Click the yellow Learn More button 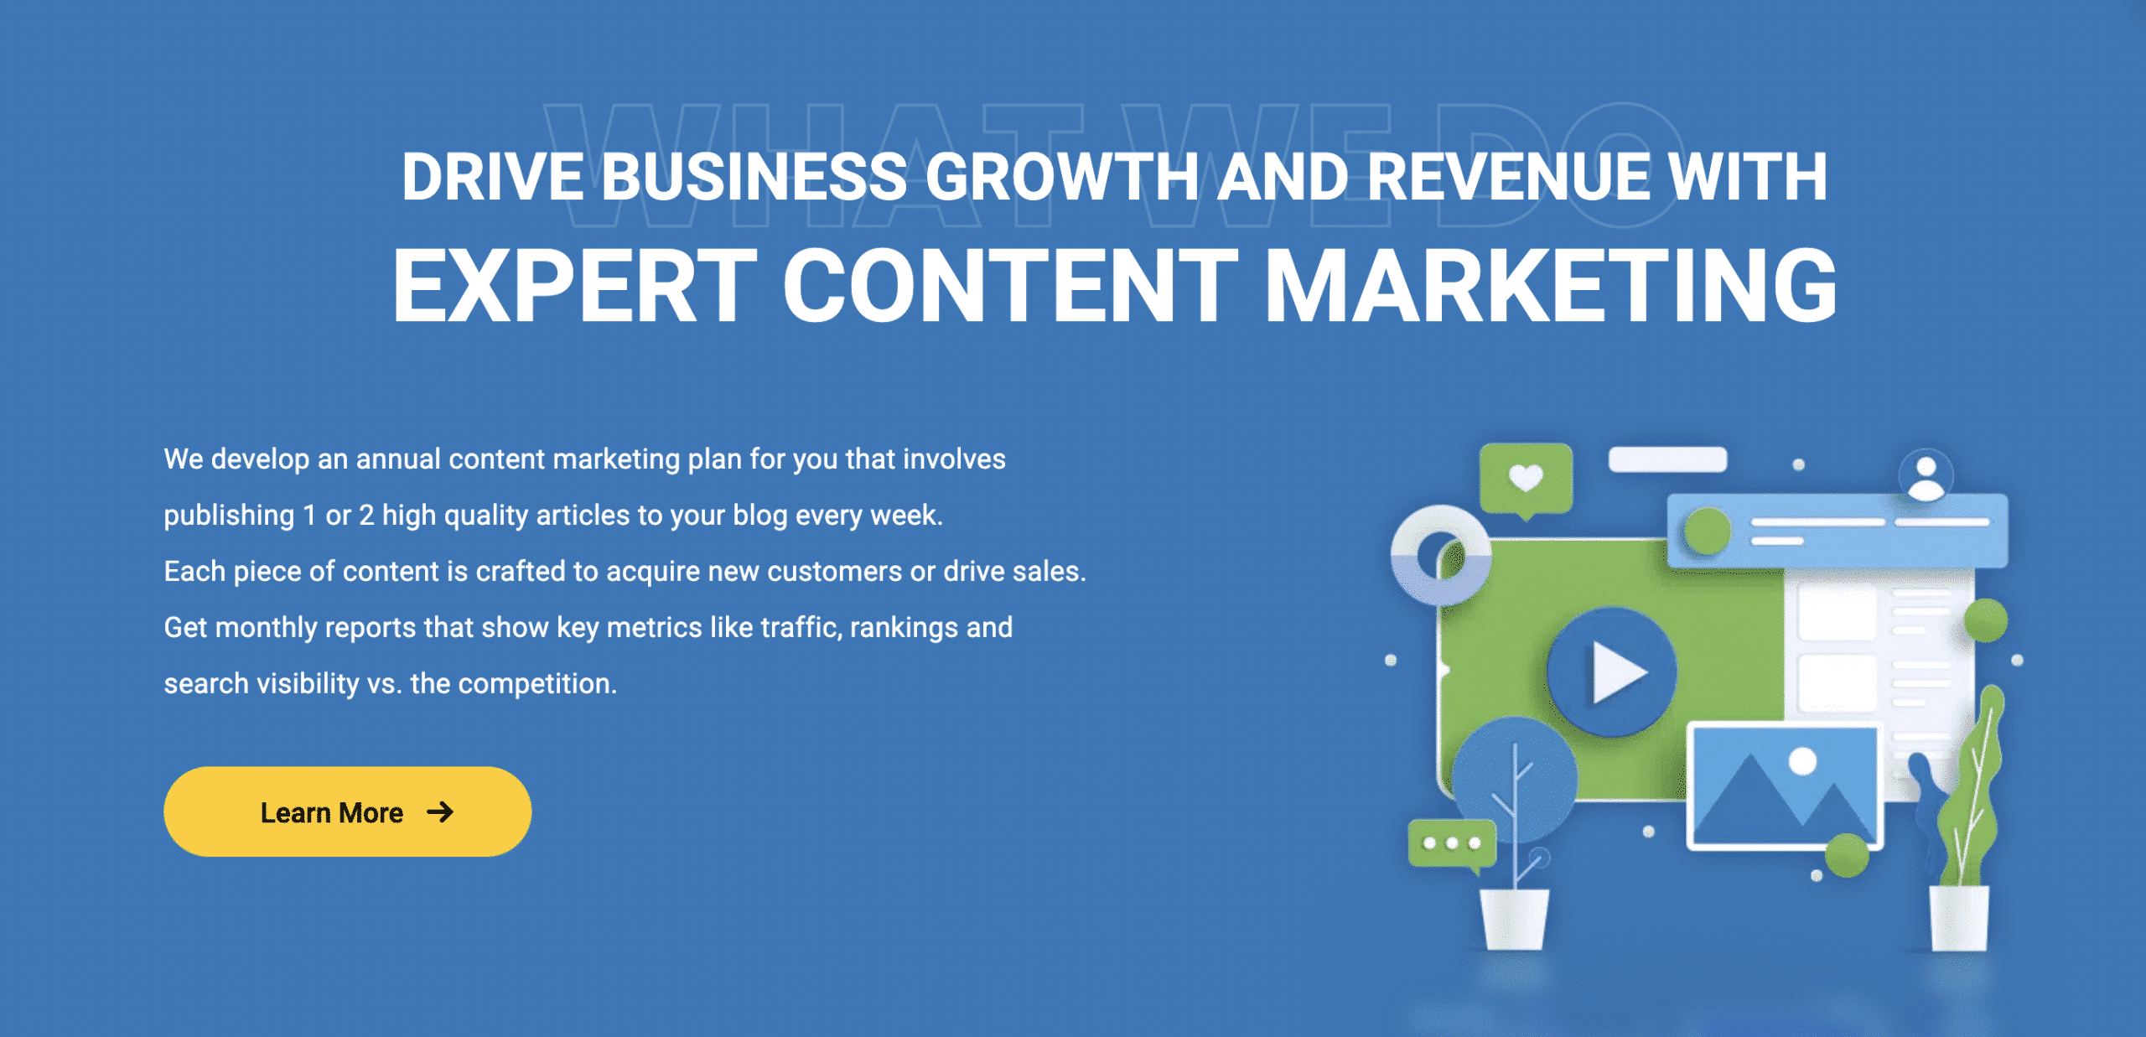(347, 811)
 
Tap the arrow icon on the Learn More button (440, 811)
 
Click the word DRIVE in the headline (493, 177)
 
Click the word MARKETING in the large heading (1550, 285)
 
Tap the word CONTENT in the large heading (1010, 285)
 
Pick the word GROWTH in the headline (1062, 177)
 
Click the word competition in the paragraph (536, 684)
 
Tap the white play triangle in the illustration (1619, 672)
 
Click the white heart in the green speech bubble (1526, 478)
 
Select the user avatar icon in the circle (1926, 476)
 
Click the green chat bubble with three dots (1452, 843)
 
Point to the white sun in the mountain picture (1802, 761)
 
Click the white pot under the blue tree (1514, 919)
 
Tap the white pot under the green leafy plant (1959, 919)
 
